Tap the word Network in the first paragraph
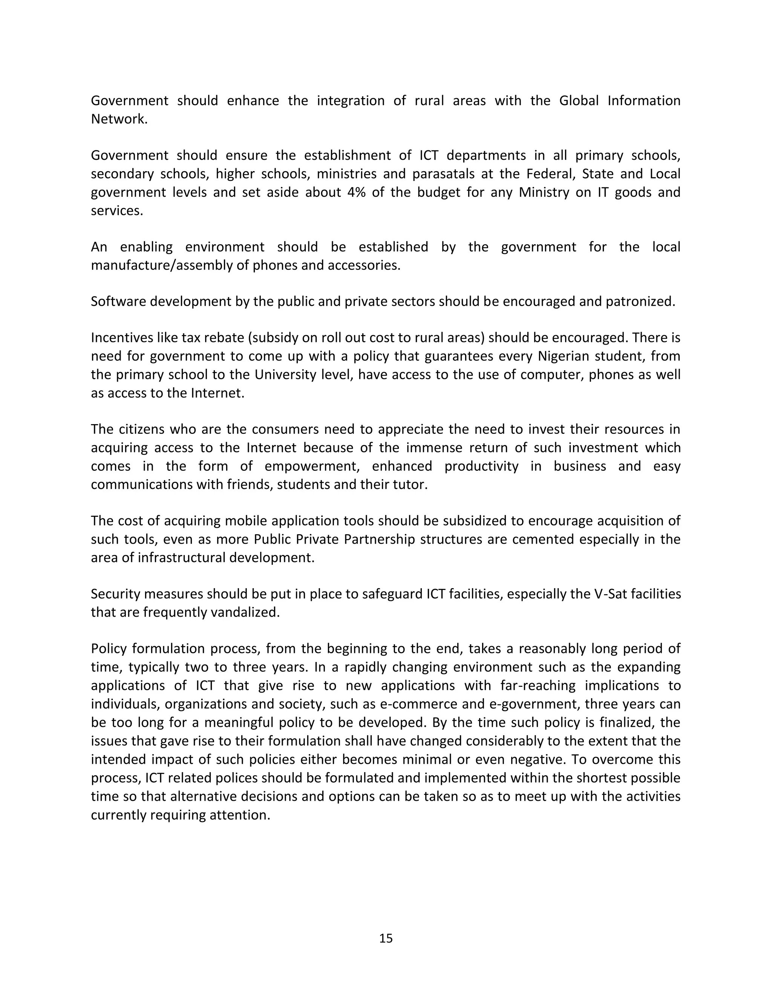[118, 119]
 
